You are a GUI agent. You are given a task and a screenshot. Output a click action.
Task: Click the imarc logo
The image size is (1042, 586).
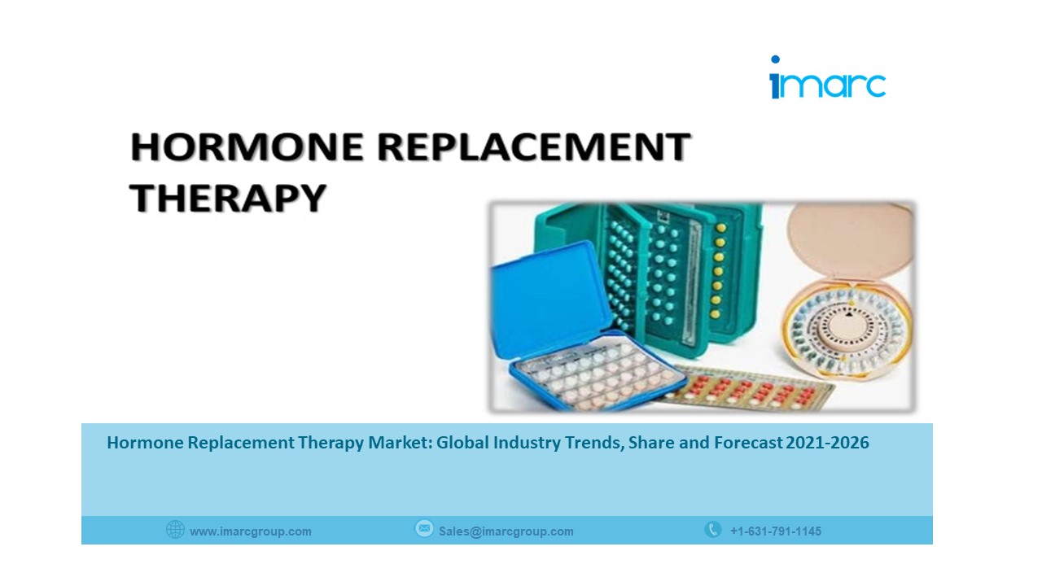tap(828, 77)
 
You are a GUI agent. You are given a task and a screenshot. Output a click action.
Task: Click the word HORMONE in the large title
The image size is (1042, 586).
tap(247, 147)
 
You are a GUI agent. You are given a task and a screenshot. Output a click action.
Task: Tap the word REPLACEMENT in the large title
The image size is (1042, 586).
tap(533, 147)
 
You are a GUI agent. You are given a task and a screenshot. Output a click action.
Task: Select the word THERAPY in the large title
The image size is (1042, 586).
tap(227, 197)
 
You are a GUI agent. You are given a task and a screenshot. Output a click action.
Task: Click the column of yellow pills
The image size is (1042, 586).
tap(719, 271)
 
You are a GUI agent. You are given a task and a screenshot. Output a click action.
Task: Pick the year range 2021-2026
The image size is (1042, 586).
tap(827, 442)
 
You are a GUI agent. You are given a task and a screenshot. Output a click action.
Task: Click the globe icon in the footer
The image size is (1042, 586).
tap(175, 530)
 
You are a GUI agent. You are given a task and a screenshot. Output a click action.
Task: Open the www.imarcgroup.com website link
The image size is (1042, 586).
tap(251, 531)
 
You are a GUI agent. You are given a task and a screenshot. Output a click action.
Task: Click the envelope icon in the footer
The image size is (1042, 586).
tap(424, 529)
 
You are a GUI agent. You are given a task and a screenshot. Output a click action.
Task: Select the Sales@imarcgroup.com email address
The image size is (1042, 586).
tap(506, 531)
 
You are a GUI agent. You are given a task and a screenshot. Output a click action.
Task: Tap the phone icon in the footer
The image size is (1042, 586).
tap(712, 529)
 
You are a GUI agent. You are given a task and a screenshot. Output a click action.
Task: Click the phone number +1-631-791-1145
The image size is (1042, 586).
tap(776, 531)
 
